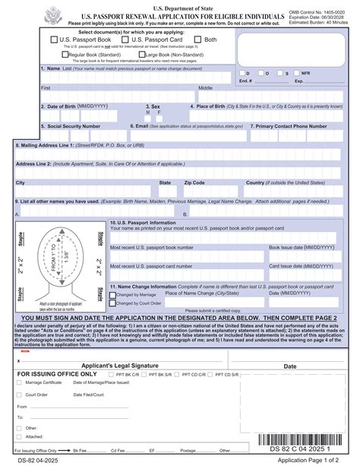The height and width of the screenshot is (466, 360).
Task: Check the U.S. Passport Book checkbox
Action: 54,40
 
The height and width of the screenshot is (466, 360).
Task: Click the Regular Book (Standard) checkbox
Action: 65,55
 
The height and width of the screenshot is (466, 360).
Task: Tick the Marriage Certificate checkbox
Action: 21,383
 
